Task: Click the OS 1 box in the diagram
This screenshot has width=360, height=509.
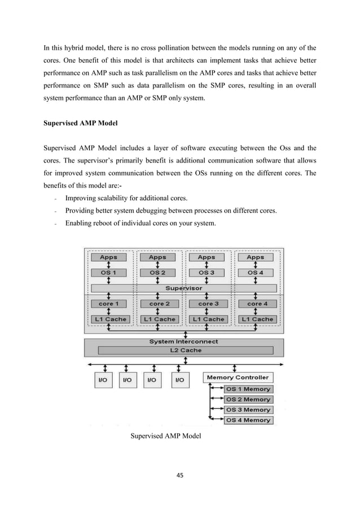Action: point(108,273)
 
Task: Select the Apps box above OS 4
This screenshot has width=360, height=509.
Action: point(255,257)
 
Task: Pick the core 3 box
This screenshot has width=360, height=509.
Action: point(207,304)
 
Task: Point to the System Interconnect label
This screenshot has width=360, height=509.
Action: point(183,341)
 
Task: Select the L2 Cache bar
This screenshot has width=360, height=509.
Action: point(183,350)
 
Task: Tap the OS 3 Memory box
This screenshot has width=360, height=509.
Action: point(248,410)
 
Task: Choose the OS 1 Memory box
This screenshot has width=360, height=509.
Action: point(248,389)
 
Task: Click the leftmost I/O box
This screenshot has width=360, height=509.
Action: point(103,380)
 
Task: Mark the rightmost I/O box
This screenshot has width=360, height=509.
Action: point(179,380)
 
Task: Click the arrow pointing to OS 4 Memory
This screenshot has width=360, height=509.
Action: point(217,420)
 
